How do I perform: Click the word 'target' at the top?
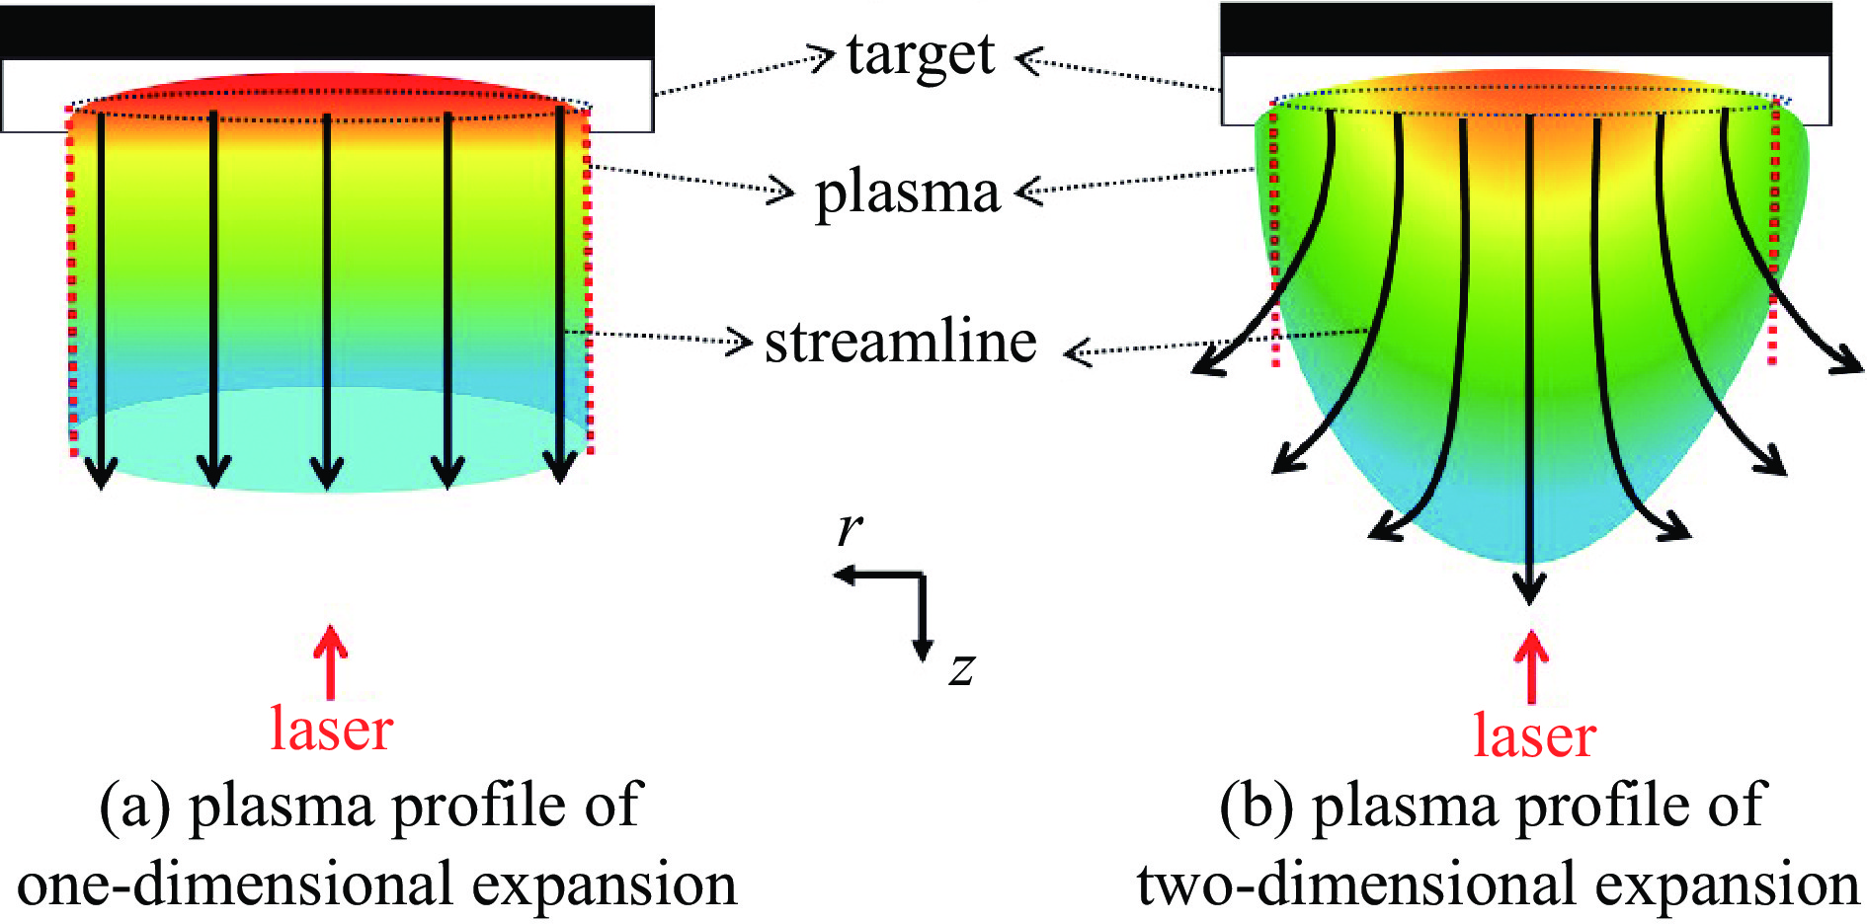[920, 55]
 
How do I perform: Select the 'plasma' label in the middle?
[906, 192]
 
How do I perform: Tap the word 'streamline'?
[900, 343]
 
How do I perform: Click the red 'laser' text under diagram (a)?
[332, 730]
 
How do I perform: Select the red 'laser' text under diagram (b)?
[1534, 736]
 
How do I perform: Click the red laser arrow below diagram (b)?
[1531, 665]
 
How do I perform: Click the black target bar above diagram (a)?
[326, 32]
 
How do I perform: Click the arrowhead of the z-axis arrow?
[923, 651]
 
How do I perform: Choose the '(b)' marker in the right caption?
[1257, 806]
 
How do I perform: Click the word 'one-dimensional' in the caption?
[235, 885]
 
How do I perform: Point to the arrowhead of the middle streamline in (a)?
[327, 476]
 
